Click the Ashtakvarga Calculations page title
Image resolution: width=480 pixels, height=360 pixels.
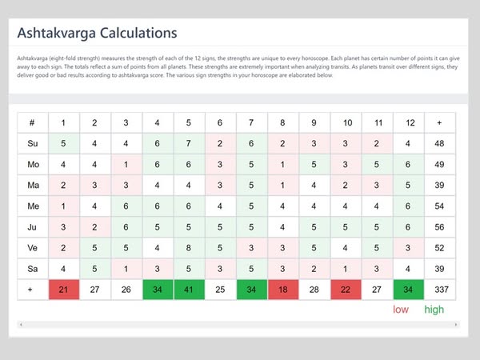point(98,34)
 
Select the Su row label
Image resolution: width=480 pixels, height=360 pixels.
point(32,144)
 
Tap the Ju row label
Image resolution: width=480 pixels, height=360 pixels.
point(32,226)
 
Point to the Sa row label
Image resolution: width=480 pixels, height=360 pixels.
point(32,268)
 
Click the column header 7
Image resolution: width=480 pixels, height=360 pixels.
point(251,122)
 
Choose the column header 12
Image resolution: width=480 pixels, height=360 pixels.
point(409,122)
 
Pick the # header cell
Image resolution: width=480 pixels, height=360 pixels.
point(32,122)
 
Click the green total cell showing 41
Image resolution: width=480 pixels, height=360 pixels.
point(189,289)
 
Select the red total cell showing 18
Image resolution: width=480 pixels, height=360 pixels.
point(282,289)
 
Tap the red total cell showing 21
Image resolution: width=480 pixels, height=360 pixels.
point(63,289)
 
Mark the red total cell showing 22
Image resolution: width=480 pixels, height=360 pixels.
point(346,289)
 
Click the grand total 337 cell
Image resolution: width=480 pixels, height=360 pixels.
point(439,289)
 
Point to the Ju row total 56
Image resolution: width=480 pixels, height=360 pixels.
point(439,226)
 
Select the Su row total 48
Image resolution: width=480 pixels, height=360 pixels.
point(439,144)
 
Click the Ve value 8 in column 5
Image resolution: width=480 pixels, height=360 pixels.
point(189,247)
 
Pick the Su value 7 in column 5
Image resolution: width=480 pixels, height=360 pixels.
point(189,144)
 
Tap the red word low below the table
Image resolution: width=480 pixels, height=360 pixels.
point(401,310)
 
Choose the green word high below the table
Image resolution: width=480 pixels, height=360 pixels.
point(434,310)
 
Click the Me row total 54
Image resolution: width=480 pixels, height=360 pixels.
point(439,206)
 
